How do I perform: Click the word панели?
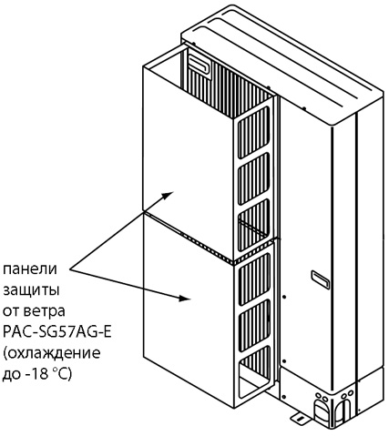click(x=30, y=269)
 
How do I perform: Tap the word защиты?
click(x=31, y=290)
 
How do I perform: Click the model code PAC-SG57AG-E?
click(x=56, y=332)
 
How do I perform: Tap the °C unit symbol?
click(x=63, y=374)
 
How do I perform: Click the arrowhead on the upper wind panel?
click(x=168, y=195)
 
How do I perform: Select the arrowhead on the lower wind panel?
click(x=184, y=298)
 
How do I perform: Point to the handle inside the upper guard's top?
click(x=199, y=65)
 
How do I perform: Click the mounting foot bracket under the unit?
click(x=299, y=417)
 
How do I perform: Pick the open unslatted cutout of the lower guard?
click(x=254, y=377)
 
